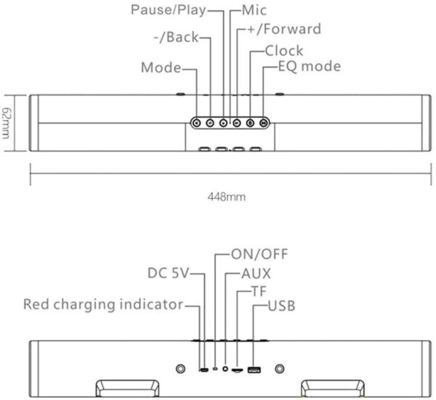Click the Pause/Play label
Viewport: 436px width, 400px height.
[169, 10]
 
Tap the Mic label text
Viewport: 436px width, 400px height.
[254, 10]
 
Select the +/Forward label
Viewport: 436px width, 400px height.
[284, 29]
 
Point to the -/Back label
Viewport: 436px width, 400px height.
[177, 37]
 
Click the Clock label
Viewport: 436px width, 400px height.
[284, 51]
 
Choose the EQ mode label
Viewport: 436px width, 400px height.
[310, 66]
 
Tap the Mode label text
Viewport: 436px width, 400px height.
[161, 68]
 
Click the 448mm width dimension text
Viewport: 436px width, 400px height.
[227, 197]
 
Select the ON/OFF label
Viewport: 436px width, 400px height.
[259, 254]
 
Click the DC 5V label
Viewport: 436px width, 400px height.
[169, 273]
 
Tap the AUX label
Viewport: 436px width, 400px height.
[256, 274]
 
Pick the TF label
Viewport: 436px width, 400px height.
[259, 291]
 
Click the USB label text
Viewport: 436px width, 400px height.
[281, 306]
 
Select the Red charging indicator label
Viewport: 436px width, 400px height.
[103, 304]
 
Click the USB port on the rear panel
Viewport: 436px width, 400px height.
[254, 370]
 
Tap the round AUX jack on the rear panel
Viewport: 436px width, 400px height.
[225, 369]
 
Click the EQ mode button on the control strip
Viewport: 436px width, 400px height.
[263, 123]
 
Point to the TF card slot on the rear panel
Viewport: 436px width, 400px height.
[237, 370]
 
